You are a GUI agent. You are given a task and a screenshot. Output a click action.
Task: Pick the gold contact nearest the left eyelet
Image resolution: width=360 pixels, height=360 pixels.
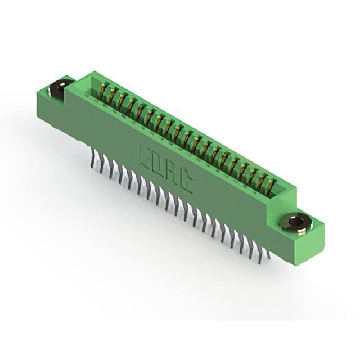tap(103, 90)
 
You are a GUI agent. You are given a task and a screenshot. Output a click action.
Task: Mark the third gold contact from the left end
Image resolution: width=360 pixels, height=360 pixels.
tap(122, 100)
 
